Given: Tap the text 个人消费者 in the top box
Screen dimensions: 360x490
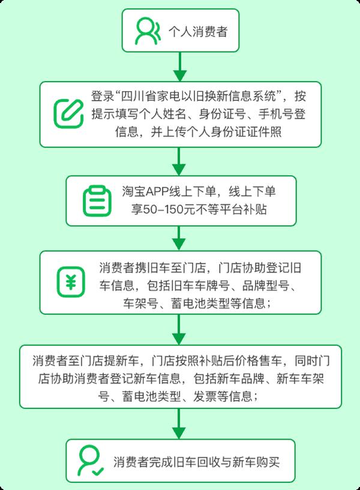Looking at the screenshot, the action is [x=198, y=32].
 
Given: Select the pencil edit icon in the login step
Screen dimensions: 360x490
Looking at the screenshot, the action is [x=68, y=113].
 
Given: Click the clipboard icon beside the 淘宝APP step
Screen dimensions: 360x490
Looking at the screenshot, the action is [x=97, y=201].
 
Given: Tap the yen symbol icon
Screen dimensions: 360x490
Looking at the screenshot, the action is [x=71, y=282].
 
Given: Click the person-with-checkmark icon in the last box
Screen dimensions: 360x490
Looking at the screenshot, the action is [x=90, y=461].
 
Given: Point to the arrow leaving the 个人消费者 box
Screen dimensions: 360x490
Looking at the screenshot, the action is [x=180, y=67].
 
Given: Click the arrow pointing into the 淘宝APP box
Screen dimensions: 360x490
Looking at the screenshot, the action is [x=179, y=162].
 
